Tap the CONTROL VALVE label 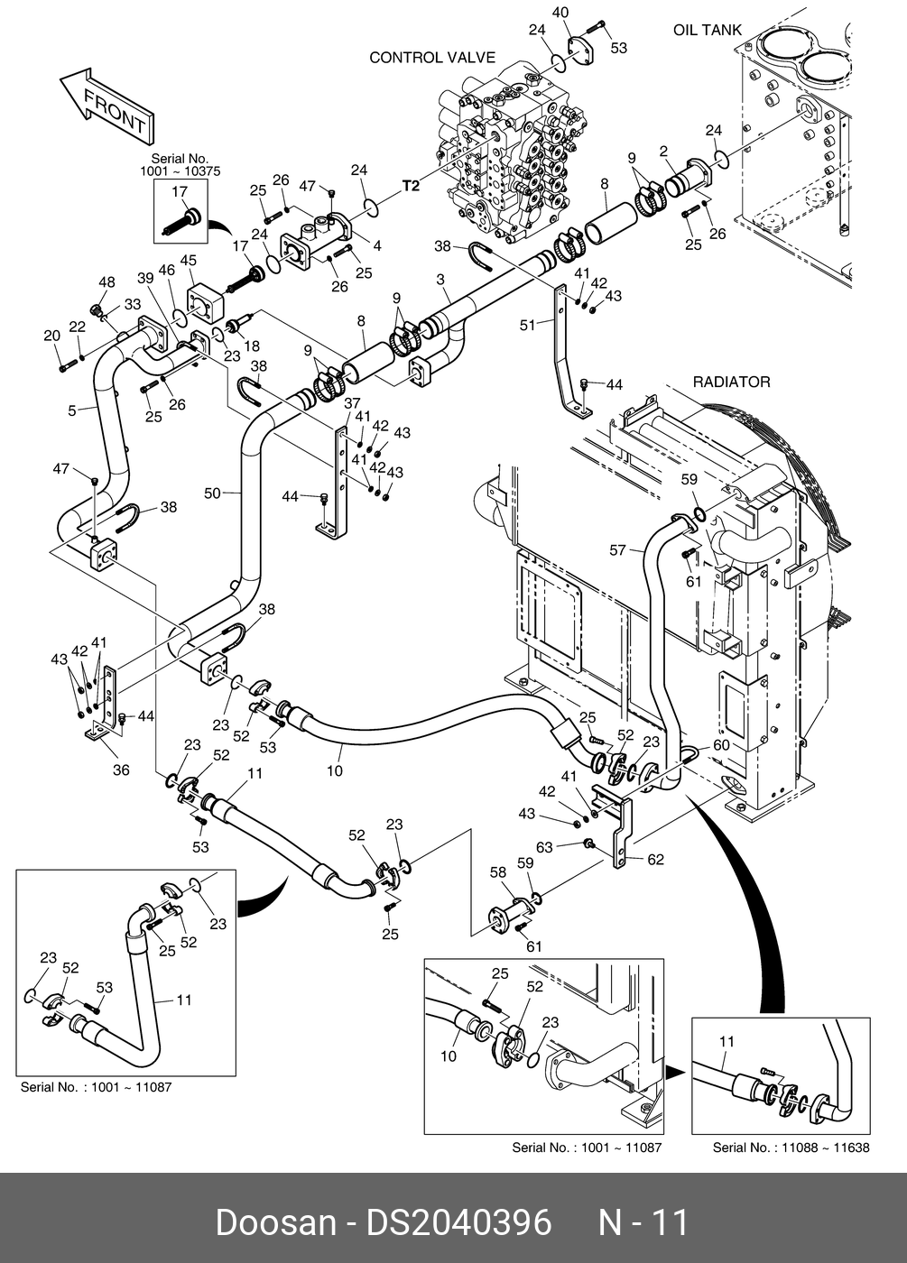point(432,58)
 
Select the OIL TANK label point(708,30)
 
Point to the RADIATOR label point(731,382)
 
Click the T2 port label point(411,187)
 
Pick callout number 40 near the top point(560,13)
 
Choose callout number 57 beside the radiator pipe point(617,549)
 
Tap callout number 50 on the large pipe point(211,493)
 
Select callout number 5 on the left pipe point(72,411)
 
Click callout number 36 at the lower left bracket point(121,770)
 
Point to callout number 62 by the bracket point(655,859)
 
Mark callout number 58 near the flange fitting point(498,872)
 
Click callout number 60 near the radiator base point(721,745)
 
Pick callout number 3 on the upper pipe point(442,281)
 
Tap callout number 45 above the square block point(188,262)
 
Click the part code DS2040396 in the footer point(458,1222)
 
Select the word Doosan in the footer point(275,1222)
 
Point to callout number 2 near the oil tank point(663,151)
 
